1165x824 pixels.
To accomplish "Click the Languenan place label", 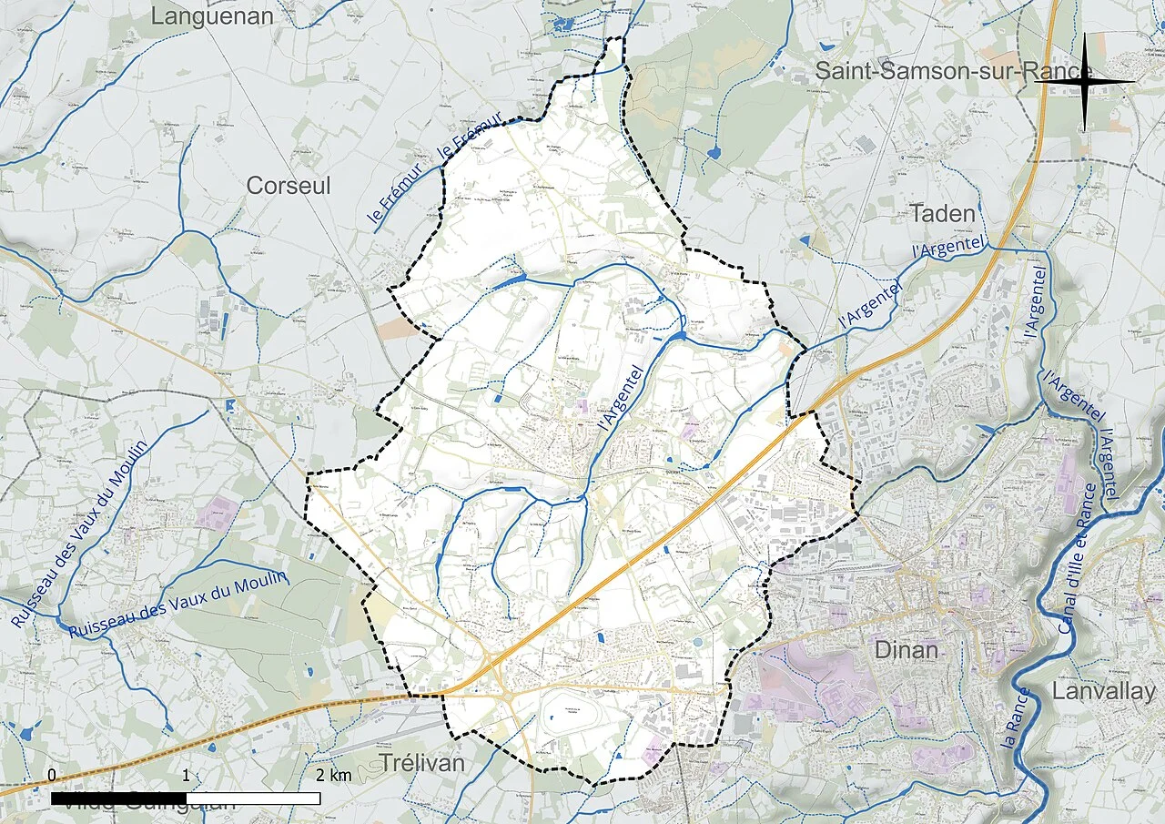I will (x=212, y=15).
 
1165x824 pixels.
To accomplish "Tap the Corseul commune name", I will (x=289, y=186).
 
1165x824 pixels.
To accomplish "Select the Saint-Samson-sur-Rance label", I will (x=953, y=71).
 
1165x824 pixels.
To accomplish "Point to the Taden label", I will (x=943, y=215).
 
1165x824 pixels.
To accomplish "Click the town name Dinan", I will (x=906, y=650).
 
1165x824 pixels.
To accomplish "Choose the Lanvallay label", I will (x=1103, y=691).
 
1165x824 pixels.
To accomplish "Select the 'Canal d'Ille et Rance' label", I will (x=1077, y=558).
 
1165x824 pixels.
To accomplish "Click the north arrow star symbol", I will (x=1085, y=81).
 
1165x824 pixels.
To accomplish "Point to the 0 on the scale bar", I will (x=52, y=775).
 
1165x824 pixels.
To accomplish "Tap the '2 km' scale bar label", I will (x=334, y=776).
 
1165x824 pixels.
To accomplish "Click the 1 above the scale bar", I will (x=186, y=775).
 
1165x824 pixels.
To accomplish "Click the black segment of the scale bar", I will (x=118, y=799).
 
